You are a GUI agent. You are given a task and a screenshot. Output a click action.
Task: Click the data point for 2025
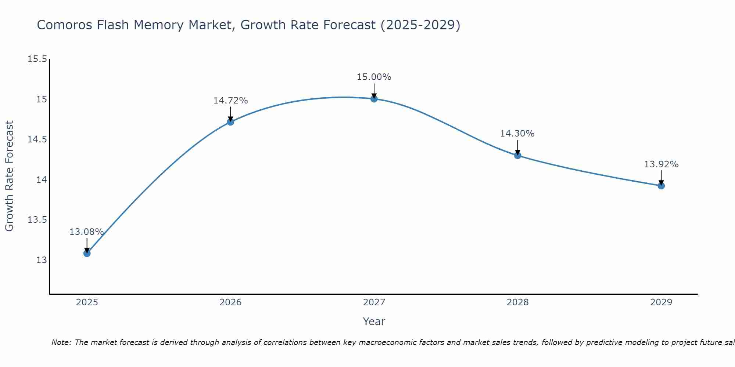(87, 253)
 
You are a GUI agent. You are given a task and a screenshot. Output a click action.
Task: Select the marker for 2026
(230, 122)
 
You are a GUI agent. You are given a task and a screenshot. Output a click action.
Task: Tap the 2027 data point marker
(374, 99)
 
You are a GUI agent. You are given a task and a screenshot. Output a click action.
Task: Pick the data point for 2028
(517, 155)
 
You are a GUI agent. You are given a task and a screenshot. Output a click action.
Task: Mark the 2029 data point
(661, 186)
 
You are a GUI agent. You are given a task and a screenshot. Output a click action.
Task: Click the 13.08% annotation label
(86, 232)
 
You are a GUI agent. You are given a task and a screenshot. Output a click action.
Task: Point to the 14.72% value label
(230, 101)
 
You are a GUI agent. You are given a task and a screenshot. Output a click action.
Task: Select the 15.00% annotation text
(374, 77)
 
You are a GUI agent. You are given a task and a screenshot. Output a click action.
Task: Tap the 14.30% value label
(517, 134)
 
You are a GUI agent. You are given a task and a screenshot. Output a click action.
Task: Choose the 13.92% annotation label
(661, 164)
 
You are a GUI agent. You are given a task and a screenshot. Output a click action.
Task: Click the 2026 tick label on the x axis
(230, 302)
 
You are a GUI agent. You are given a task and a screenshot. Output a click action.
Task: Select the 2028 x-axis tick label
(517, 302)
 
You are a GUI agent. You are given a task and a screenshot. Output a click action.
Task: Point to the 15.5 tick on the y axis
(37, 59)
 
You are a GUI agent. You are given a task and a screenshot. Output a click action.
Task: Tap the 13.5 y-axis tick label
(37, 220)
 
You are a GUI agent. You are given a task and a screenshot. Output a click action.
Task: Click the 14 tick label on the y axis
(42, 180)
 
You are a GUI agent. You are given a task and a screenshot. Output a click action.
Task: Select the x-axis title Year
(374, 321)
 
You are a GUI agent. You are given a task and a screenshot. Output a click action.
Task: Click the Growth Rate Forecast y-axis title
(9, 176)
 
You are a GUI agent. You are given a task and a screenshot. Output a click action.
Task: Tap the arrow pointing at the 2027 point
(374, 90)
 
